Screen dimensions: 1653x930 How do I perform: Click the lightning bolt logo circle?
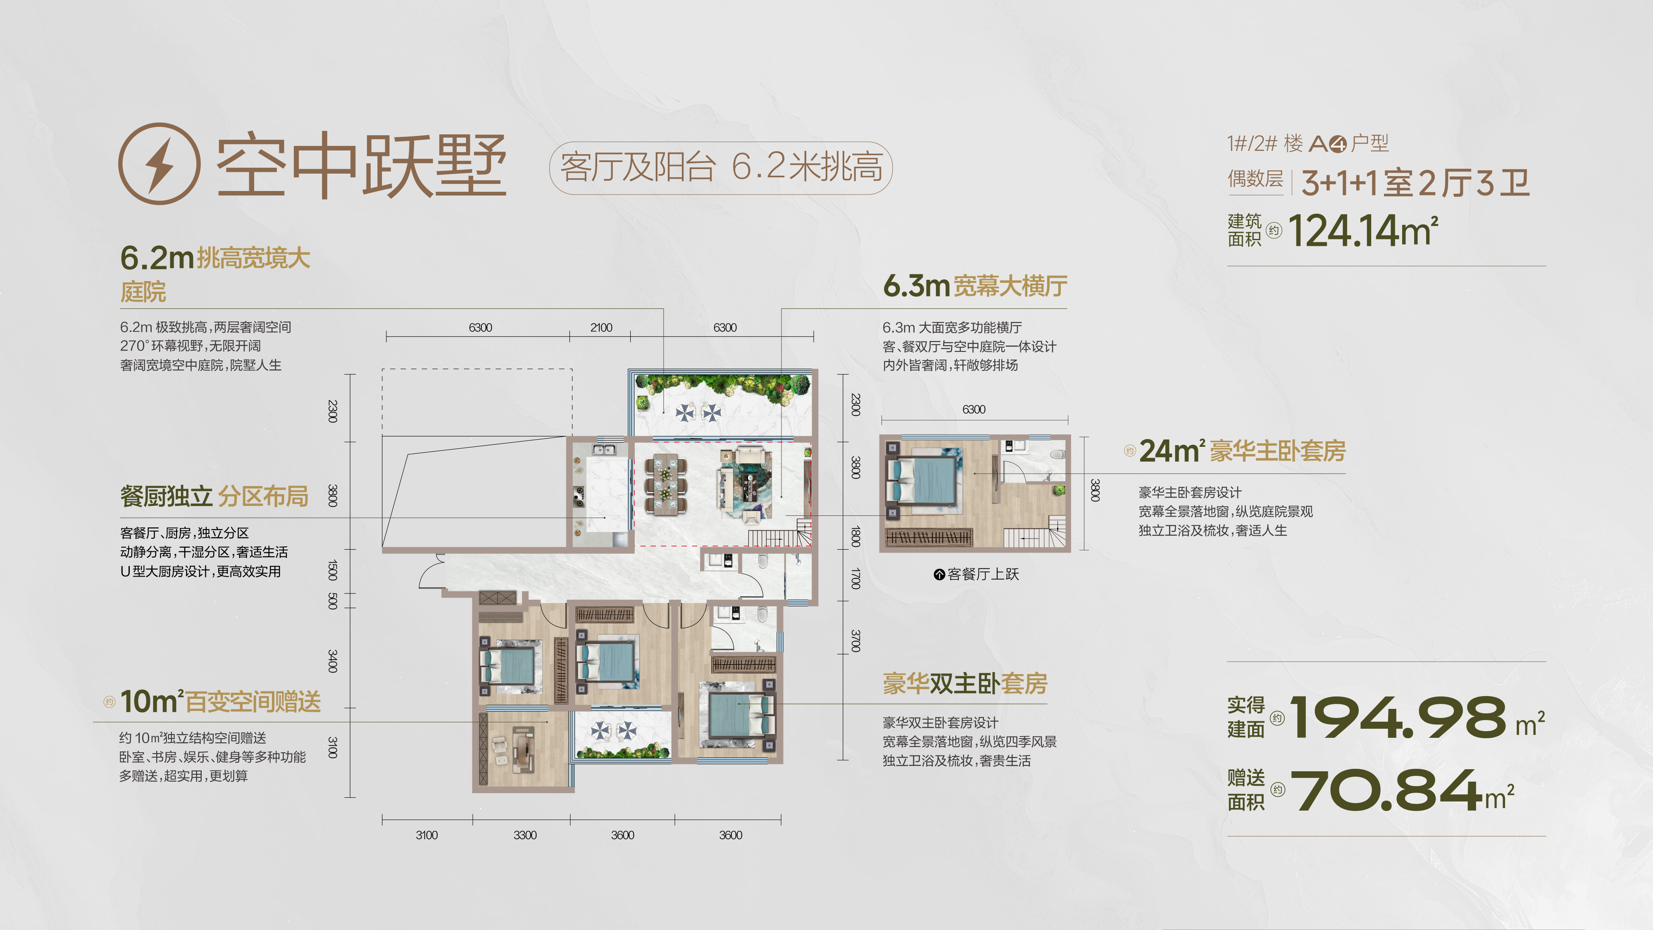point(159,164)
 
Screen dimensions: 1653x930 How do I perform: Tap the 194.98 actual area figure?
point(1398,717)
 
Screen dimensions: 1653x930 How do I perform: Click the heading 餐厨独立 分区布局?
point(214,496)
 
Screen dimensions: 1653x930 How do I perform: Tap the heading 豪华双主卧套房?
point(965,683)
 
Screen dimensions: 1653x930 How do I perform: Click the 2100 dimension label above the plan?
point(601,327)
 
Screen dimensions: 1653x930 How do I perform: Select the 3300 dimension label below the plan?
point(525,835)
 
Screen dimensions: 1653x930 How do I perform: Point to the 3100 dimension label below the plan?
point(427,835)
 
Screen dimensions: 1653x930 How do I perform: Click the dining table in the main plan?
point(665,484)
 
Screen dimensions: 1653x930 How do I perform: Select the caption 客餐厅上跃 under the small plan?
point(977,574)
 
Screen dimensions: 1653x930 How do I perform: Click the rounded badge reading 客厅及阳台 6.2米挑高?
point(721,167)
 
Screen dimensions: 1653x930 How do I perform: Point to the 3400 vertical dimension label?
point(332,661)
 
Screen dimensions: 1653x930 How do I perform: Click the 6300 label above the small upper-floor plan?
point(974,410)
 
